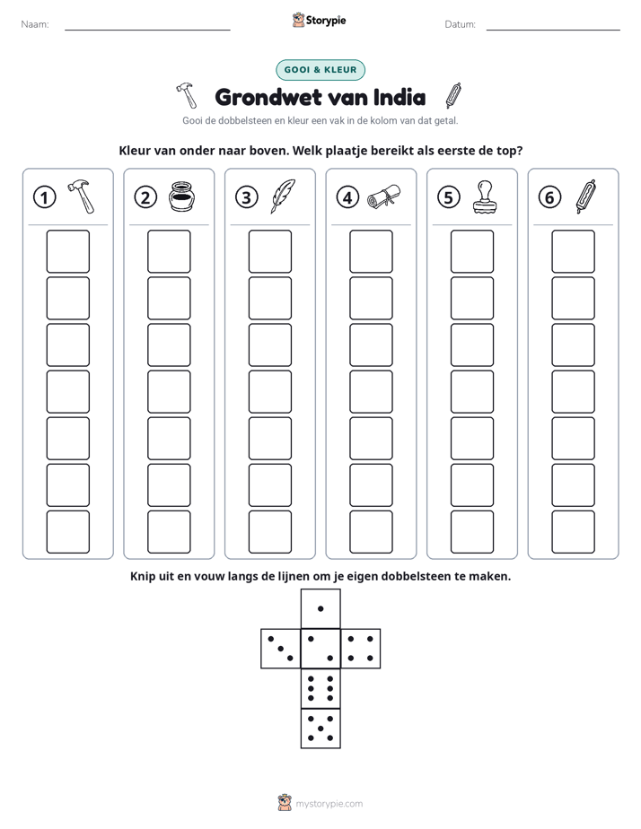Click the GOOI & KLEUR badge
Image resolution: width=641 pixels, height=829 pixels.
(320, 70)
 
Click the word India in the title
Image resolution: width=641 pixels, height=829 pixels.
(400, 97)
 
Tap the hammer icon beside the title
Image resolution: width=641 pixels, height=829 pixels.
(186, 95)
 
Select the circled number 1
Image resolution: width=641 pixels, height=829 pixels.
(44, 197)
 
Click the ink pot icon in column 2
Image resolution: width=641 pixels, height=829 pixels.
(181, 196)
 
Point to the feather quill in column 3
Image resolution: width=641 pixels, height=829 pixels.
(283, 196)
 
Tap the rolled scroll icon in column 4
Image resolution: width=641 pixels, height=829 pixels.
(384, 196)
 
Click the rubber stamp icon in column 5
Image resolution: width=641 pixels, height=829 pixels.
(485, 197)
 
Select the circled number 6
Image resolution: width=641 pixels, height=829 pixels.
(549, 197)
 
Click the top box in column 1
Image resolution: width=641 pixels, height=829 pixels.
(67, 251)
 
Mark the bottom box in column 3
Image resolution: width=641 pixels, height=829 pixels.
(269, 532)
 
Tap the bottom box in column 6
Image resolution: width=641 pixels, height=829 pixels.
(573, 532)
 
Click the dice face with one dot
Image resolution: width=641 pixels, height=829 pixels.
(320, 609)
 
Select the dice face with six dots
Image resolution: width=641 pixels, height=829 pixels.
(320, 688)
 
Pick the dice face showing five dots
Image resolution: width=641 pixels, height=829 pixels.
(320, 729)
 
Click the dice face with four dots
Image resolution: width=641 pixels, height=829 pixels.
(361, 649)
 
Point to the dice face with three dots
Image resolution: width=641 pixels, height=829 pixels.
(281, 649)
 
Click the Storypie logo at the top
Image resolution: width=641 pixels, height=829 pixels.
(319, 21)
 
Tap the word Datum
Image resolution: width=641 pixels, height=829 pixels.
(461, 24)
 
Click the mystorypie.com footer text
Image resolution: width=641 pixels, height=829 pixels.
(329, 804)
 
